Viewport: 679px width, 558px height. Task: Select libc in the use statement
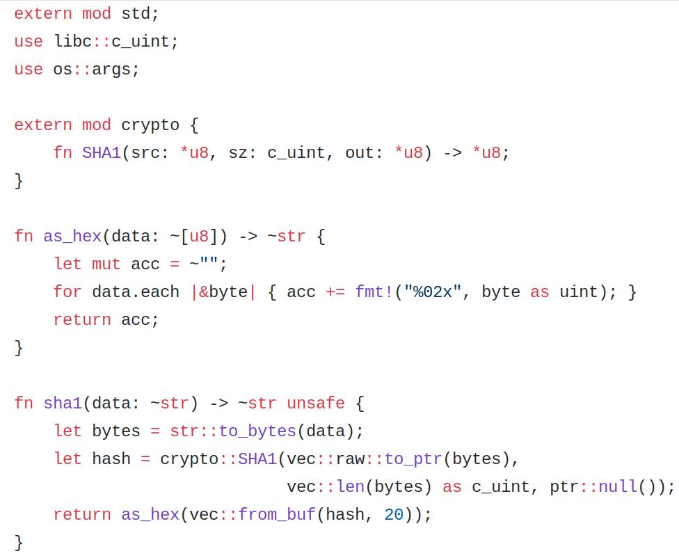click(x=72, y=42)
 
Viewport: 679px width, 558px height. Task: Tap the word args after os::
click(x=111, y=70)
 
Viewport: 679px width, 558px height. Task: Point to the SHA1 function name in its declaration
click(x=102, y=153)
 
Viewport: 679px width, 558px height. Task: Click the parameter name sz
click(x=238, y=153)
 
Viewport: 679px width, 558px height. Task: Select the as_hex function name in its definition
click(x=72, y=237)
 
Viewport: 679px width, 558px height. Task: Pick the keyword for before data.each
click(x=67, y=292)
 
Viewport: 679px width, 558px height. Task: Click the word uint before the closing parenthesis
click(x=579, y=292)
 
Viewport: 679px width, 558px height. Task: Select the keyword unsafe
click(x=316, y=404)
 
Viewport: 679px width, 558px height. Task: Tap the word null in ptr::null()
click(x=618, y=487)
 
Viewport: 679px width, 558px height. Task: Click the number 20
click(x=394, y=515)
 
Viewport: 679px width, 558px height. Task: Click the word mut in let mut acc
click(x=106, y=264)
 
